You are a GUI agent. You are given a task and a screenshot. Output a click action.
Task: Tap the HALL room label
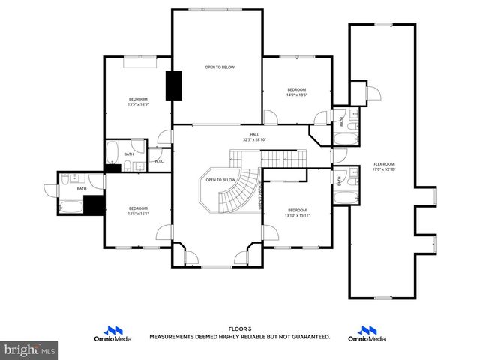point(255,134)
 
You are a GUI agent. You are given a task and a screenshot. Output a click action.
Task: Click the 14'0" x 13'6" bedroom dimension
point(297,95)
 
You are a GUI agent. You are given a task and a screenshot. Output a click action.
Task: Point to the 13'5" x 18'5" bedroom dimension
point(138,104)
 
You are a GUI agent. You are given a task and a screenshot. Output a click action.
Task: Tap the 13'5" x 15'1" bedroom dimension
point(138,213)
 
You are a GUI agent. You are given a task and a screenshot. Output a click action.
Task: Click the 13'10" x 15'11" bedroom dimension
point(297,215)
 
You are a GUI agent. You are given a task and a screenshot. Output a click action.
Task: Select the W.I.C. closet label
point(159,160)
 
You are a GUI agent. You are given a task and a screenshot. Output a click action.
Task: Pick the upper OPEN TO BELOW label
point(220,67)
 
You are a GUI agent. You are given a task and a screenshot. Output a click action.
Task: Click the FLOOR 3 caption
point(240,328)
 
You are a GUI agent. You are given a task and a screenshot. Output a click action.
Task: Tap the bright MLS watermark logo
point(30,349)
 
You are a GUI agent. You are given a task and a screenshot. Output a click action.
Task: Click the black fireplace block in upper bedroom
point(175,85)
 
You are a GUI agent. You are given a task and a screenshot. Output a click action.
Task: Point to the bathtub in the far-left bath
point(71,205)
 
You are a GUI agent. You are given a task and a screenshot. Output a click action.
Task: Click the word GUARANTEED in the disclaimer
point(307,337)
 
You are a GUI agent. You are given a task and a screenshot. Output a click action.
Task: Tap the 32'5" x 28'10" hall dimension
point(255,139)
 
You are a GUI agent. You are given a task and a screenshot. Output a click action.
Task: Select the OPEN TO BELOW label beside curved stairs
point(220,180)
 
